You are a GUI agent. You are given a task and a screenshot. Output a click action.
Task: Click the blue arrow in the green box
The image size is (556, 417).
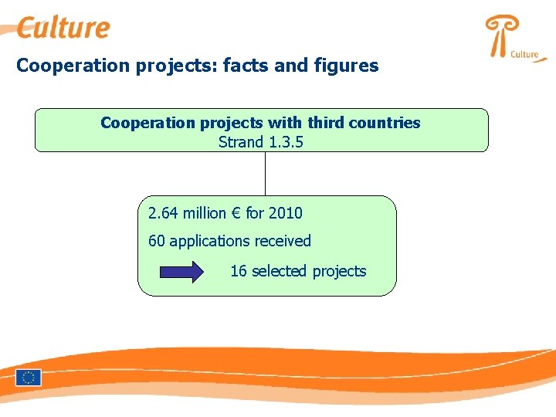pos(181,271)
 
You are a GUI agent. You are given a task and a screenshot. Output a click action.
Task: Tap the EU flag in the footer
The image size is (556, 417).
pos(29,377)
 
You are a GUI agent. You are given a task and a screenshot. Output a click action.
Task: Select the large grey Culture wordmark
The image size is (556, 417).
pos(63,28)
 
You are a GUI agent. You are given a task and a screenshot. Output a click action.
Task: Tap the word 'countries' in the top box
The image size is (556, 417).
pos(387,123)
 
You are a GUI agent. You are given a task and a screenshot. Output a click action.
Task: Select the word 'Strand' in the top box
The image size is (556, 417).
pos(241,141)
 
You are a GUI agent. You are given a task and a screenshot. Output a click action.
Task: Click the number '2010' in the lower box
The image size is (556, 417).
pos(284,212)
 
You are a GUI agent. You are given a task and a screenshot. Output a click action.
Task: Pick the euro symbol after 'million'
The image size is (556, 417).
pos(235,212)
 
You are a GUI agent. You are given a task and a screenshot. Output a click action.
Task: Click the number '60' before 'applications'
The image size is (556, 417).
pos(157,241)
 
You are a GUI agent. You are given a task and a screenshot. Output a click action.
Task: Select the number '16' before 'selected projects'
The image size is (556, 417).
pos(239,271)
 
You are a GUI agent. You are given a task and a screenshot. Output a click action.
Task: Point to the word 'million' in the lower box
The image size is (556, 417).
pos(204,212)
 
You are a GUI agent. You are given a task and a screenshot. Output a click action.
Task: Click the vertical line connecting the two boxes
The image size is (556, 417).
pos(265,173)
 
